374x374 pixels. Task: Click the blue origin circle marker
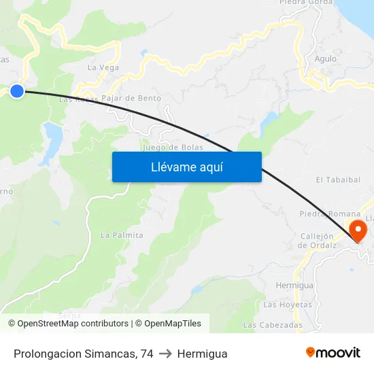point(17,91)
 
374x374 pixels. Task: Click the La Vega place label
point(103,67)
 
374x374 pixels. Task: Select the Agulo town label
point(326,58)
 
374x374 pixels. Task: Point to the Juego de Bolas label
point(169,147)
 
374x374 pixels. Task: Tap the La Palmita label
point(122,235)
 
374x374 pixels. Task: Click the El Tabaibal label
point(338,180)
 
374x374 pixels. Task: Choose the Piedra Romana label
point(330,214)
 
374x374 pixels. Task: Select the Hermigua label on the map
point(295,286)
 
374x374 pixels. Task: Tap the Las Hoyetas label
point(287,304)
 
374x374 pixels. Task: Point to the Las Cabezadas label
point(273,325)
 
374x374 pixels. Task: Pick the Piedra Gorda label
point(306,3)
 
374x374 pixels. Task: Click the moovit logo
point(333,353)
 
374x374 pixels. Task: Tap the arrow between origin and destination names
point(165,354)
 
